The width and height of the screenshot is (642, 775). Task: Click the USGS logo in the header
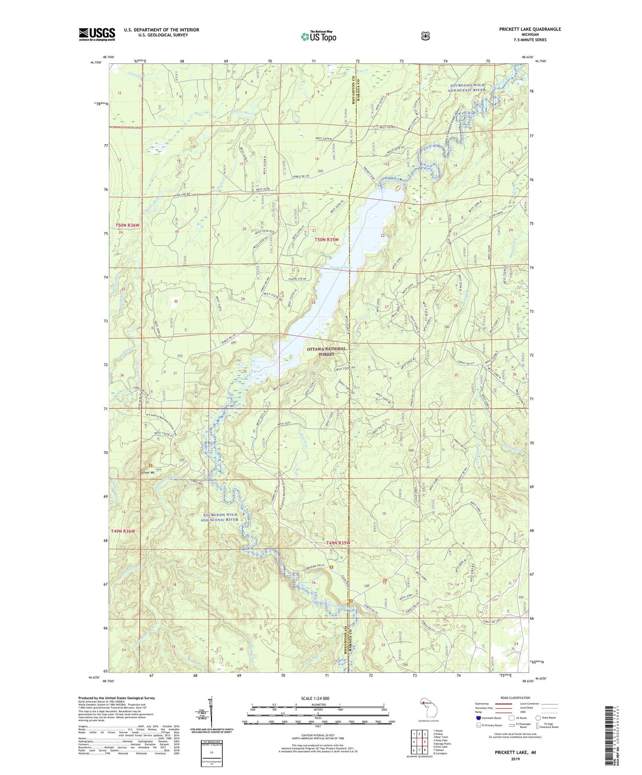coord(97,34)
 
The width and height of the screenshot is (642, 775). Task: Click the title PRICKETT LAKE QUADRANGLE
coord(523,29)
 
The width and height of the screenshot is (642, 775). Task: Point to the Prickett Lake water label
coord(341,268)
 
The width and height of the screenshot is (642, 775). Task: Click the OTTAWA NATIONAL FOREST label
coord(326,352)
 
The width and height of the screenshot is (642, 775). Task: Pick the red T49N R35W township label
coord(338,543)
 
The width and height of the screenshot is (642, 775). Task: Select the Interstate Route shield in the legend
coord(478,718)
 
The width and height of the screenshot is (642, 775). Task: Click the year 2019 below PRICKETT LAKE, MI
coord(515,759)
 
